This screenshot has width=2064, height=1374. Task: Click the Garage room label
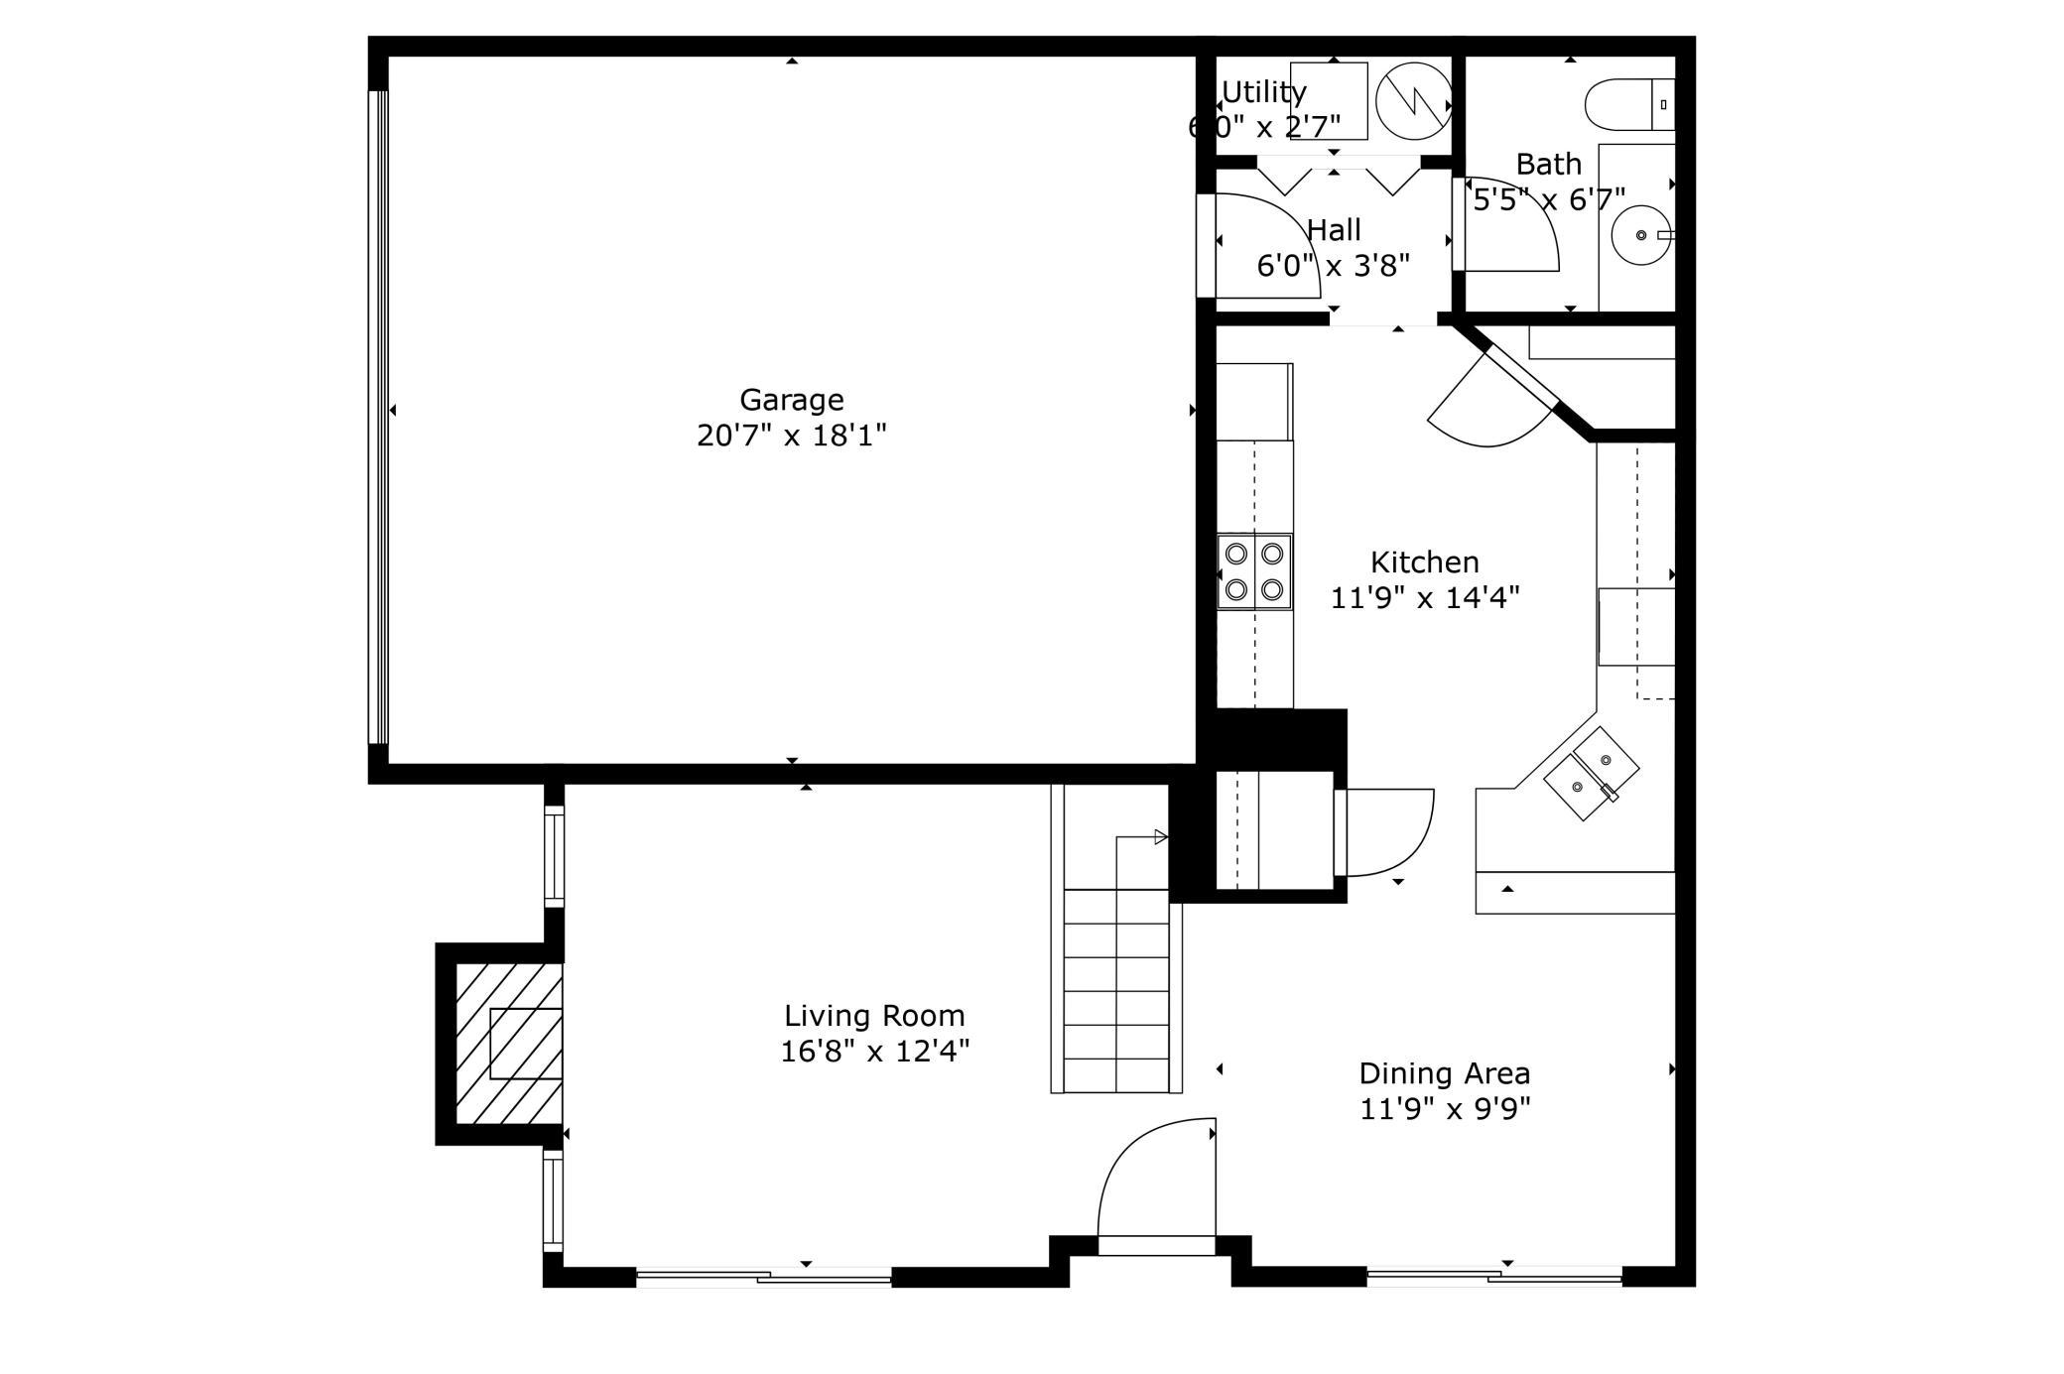[791, 400]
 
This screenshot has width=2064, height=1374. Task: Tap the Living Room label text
[874, 1016]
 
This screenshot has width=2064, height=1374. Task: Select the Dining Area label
[1444, 1073]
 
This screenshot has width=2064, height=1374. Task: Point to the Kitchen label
[1424, 562]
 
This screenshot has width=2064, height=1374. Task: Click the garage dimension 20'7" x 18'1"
[791, 436]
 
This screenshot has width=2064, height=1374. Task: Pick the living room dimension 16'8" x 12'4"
[874, 1052]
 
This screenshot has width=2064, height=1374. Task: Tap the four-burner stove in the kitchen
[1254, 571]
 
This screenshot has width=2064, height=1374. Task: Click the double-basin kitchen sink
[1592, 774]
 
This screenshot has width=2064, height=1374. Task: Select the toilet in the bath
[1629, 104]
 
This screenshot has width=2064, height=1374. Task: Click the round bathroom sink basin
[1641, 235]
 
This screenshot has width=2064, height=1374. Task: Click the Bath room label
[1549, 164]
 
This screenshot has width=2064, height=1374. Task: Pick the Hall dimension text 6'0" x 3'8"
[1333, 266]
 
